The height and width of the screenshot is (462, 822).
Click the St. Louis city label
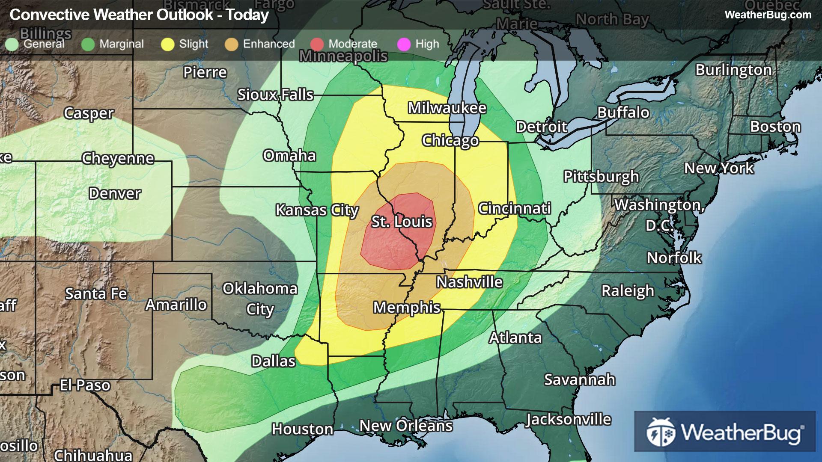tap(402, 222)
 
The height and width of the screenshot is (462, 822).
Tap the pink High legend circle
tap(404, 44)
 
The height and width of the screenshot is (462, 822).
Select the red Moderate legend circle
tap(317, 44)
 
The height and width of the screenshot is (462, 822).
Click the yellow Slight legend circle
tap(167, 44)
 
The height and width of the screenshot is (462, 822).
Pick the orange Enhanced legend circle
tap(231, 44)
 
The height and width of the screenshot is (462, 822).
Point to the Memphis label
tap(406, 308)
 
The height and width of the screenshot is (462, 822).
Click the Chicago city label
tap(450, 140)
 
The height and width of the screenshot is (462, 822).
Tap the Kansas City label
tap(317, 210)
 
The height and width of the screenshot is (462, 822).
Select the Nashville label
tap(469, 282)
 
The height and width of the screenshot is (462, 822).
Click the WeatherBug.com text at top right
tap(768, 15)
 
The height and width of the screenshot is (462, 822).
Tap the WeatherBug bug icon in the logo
tap(661, 432)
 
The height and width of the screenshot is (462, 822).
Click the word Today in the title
tap(247, 15)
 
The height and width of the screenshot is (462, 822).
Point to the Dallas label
tap(273, 361)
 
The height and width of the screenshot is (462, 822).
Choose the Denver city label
tap(114, 193)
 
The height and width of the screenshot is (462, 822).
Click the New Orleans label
tap(405, 426)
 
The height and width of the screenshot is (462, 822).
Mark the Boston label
tap(775, 127)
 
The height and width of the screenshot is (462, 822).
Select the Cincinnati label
tap(514, 208)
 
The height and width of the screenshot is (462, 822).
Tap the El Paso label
tap(85, 385)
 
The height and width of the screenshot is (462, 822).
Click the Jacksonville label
tap(568, 419)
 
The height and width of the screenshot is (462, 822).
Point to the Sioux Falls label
tap(275, 95)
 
